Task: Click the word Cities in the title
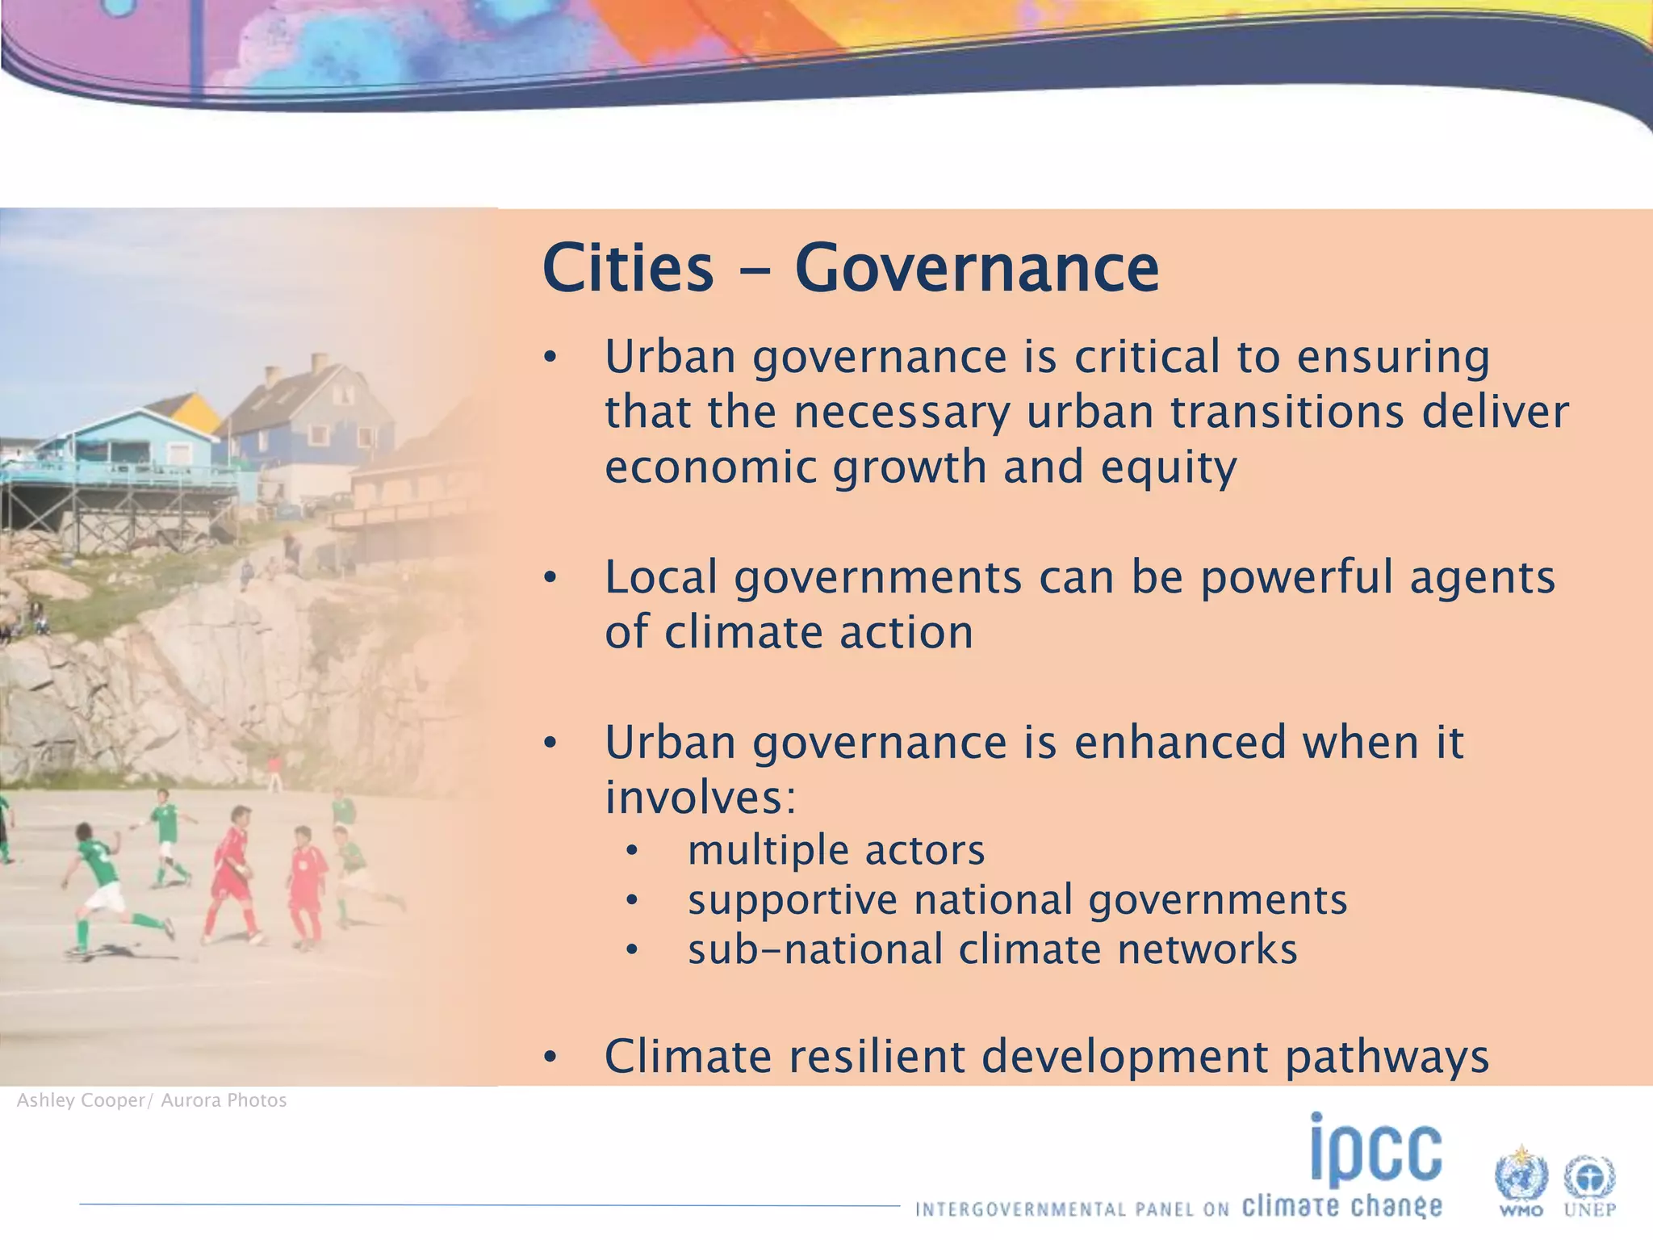tap(628, 268)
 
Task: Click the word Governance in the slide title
tap(977, 268)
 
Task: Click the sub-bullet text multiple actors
tap(836, 851)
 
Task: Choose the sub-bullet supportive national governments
tap(1017, 900)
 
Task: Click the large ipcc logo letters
tap(1375, 1150)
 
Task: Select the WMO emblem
tap(1521, 1179)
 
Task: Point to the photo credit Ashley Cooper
tap(81, 1101)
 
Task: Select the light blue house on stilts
tap(129, 452)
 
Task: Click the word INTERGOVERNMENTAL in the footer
tap(1020, 1209)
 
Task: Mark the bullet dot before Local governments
tap(550, 578)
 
